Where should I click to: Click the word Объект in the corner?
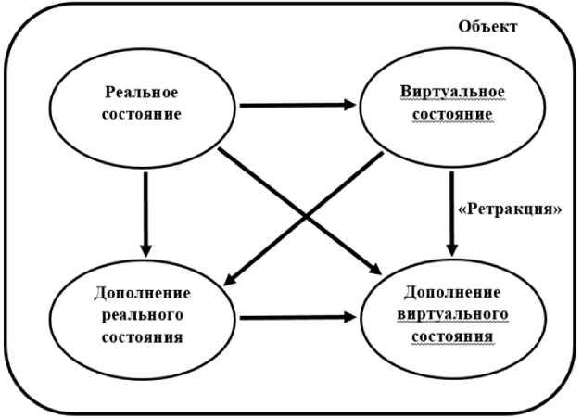tap(487, 25)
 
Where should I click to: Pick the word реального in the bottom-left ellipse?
tap(142, 314)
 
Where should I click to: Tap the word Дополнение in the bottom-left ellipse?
tap(142, 294)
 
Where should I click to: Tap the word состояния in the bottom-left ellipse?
tap(142, 335)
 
